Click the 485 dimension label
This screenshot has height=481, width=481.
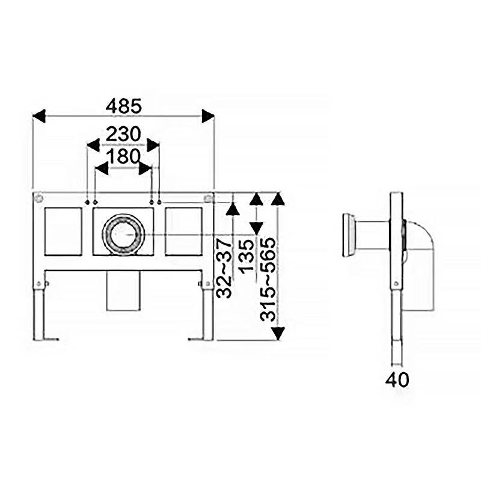(124, 106)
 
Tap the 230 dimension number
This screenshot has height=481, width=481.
(123, 134)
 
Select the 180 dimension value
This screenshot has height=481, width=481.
(124, 156)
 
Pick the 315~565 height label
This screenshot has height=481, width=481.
(268, 280)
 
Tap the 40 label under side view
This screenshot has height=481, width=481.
(397, 380)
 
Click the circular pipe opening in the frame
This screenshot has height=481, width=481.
(123, 234)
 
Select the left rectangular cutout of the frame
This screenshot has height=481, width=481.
(63, 231)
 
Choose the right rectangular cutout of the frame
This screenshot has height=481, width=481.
(183, 231)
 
